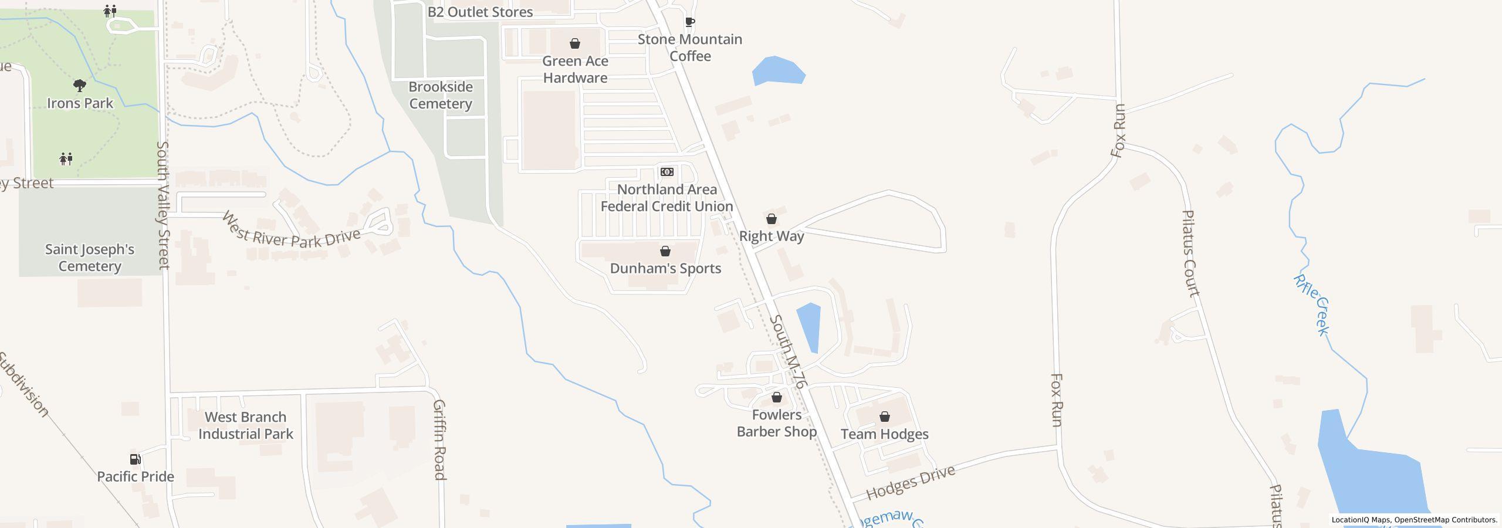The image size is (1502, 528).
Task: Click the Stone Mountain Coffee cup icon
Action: [690, 22]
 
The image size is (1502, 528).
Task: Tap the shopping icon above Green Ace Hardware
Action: [575, 44]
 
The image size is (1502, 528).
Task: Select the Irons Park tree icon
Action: [80, 86]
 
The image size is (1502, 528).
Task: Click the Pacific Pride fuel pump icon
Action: [135, 459]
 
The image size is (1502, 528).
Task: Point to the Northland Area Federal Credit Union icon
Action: [667, 172]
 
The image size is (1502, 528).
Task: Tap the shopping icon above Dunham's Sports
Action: [665, 251]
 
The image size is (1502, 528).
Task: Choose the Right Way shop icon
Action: [772, 219]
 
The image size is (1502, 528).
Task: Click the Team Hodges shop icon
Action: [885, 417]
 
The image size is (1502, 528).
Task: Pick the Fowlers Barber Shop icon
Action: [777, 397]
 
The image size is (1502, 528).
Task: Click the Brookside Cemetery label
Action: [441, 95]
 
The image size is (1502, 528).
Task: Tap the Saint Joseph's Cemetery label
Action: [90, 258]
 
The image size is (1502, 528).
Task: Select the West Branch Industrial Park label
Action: [245, 425]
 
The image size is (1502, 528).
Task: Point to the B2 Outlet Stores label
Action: [480, 12]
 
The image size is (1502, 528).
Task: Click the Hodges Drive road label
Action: [911, 482]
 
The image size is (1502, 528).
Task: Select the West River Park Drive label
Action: [291, 232]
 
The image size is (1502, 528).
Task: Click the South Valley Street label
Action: [163, 205]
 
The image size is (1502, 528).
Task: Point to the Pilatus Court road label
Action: [1190, 253]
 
